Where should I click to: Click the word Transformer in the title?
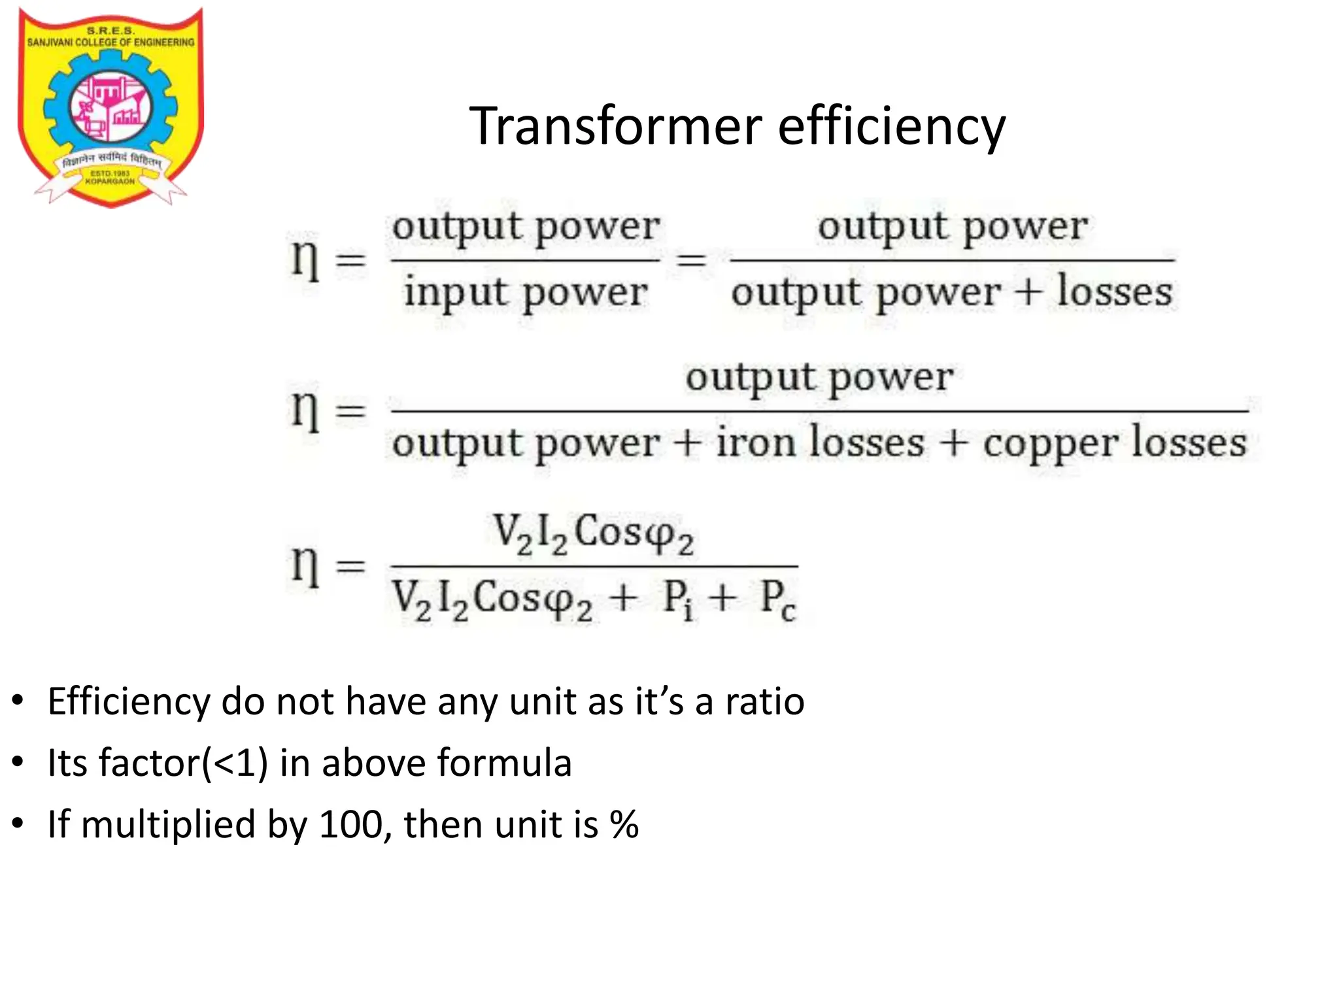coord(615,125)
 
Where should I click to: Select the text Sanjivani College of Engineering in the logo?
coord(110,42)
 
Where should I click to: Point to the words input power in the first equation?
coord(526,292)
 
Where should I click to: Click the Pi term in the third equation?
coord(677,599)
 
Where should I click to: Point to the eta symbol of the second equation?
coord(305,410)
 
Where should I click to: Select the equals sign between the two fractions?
coord(691,261)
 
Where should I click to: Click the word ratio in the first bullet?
coord(764,701)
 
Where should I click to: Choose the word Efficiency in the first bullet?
coord(128,702)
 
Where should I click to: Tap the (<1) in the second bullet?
coord(235,763)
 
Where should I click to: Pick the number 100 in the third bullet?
coord(350,824)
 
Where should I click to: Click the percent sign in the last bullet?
coord(624,824)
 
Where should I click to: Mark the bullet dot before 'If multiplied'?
coord(18,824)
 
